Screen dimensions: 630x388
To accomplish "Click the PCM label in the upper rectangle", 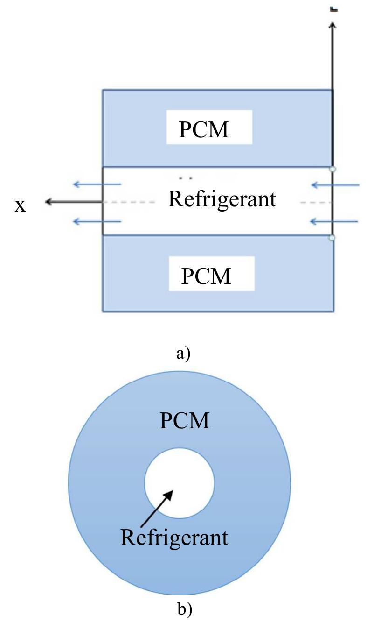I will [204, 129].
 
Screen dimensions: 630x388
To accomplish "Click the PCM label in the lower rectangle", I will [206, 276].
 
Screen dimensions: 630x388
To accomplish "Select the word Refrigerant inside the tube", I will [222, 199].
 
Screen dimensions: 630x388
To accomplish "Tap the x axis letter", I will [20, 205].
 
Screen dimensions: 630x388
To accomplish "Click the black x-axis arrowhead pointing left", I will [48, 202].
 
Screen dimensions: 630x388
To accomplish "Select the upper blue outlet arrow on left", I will [97, 184].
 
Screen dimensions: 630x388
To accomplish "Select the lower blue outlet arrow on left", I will [97, 222].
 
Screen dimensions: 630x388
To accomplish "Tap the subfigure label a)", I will [183, 354].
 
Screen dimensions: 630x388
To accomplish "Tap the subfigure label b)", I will [185, 609].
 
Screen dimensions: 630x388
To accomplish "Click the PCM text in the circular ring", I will [185, 421].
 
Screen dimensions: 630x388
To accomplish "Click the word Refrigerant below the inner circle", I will [174, 537].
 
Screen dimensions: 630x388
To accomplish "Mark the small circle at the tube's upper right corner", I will [332, 169].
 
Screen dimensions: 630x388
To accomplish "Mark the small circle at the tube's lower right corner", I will [332, 238].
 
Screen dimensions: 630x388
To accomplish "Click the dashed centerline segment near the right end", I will [315, 202].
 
